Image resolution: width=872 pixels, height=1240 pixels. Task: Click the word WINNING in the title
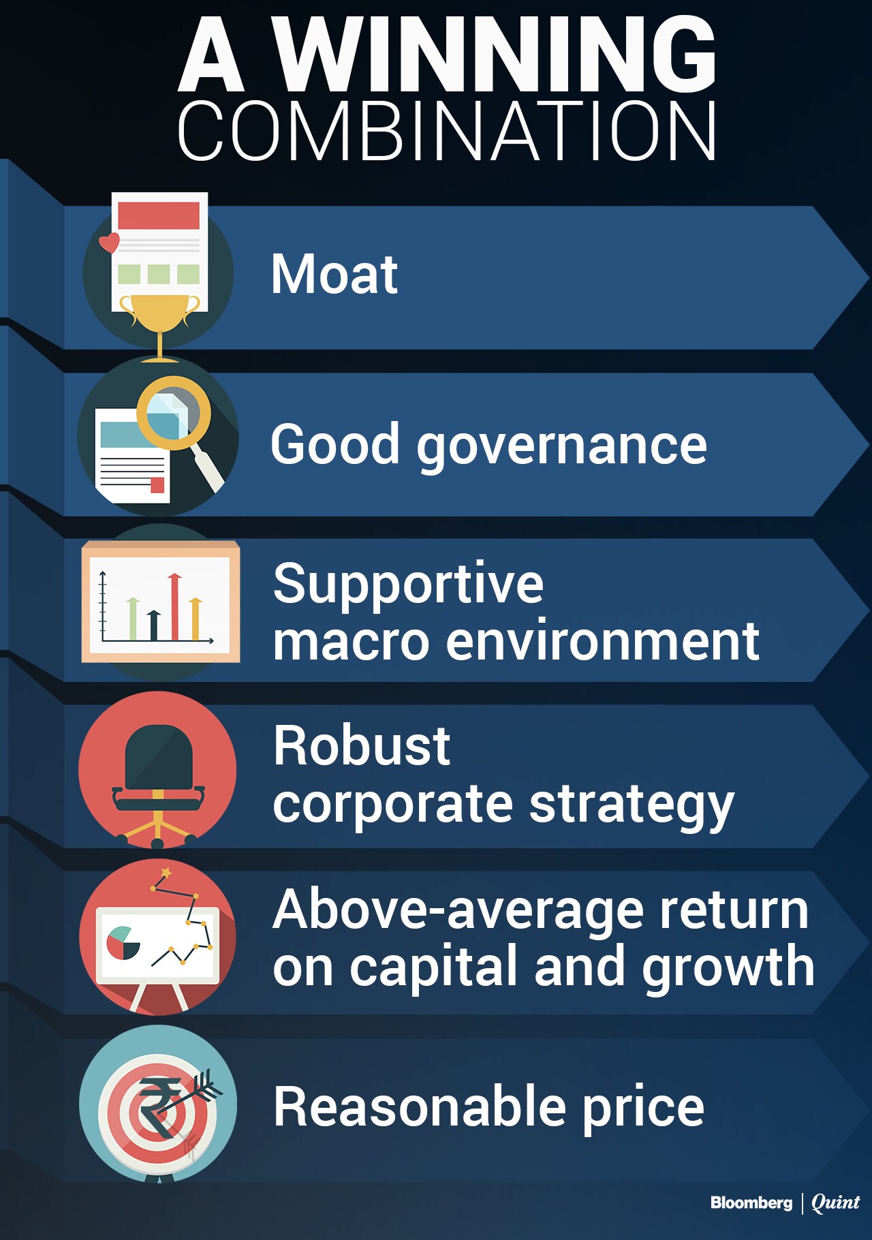(x=495, y=55)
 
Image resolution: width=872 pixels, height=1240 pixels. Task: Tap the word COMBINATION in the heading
(x=447, y=131)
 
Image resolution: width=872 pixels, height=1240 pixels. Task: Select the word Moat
(x=334, y=274)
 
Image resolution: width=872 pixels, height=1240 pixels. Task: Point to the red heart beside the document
(x=109, y=242)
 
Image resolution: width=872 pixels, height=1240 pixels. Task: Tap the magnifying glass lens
(x=174, y=413)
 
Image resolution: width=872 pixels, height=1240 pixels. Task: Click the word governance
(x=562, y=447)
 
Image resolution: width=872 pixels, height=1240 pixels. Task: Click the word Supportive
(x=408, y=585)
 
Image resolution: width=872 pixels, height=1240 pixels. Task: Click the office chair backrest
(x=159, y=756)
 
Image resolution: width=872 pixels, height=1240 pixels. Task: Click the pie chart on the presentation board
(x=123, y=942)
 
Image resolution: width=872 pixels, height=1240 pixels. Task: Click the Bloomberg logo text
(x=751, y=1203)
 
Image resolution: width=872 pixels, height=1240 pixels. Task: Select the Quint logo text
(x=836, y=1203)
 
